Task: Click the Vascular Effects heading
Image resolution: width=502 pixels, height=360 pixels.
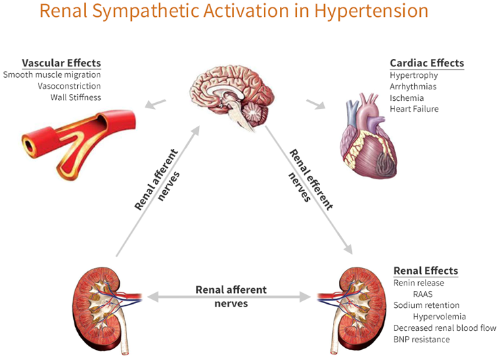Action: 62,63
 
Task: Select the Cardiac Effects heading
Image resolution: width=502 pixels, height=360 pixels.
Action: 427,63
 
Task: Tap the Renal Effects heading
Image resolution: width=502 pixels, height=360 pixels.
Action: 426,271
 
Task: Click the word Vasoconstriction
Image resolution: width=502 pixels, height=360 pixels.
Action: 71,86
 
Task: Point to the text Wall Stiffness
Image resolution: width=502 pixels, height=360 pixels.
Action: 76,97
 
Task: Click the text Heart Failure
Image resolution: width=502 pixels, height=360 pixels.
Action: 414,108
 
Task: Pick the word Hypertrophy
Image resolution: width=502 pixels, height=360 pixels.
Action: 414,75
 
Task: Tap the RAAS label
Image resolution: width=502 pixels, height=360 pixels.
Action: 424,294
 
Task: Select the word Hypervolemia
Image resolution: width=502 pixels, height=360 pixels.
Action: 439,317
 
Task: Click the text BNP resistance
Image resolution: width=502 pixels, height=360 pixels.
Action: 421,339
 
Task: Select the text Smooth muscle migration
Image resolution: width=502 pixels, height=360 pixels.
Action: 52,74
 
